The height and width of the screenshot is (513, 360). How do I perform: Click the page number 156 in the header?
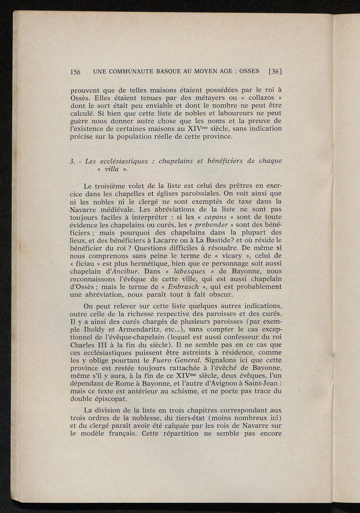(x=76, y=72)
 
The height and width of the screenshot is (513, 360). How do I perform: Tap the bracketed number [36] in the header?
(x=276, y=71)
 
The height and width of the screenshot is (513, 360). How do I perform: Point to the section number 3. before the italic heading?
(x=72, y=161)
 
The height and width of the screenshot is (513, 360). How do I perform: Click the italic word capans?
(x=215, y=217)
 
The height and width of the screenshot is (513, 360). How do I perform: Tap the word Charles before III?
(x=83, y=345)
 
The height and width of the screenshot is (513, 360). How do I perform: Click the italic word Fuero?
(x=163, y=360)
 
